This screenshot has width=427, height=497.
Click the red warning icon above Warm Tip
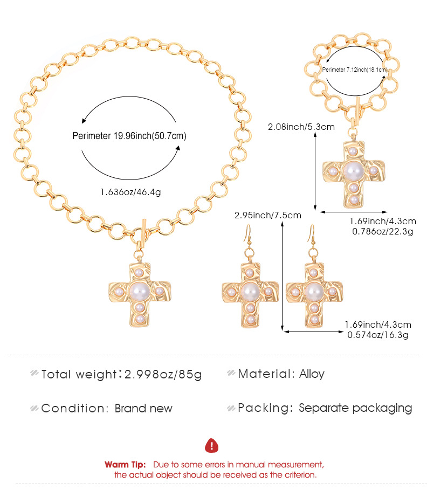212,445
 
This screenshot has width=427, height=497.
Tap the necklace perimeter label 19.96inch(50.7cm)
129,136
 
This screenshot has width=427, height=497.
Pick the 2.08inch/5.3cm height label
301,127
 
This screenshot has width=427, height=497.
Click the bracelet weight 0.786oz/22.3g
382,232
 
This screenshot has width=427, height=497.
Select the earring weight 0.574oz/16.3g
377,335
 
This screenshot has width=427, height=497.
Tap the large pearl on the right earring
313,292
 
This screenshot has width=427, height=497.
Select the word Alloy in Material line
312,374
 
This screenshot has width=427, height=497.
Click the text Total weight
79,374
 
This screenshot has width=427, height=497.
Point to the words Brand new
143,408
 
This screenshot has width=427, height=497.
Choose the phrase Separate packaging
355,408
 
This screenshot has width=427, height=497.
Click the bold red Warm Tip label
125,464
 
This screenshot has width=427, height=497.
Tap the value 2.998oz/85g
163,374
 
